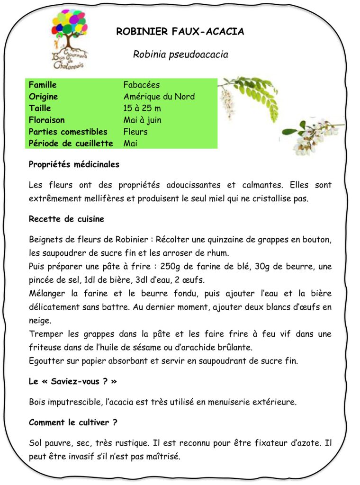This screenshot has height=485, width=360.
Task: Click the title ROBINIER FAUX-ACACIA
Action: pos(180,32)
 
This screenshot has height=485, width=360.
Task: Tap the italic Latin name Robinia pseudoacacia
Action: pos(180,54)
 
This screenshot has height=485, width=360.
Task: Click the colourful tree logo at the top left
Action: pos(68,38)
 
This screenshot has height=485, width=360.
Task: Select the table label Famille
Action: pos(43,85)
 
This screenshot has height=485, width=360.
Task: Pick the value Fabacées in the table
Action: pos(142,85)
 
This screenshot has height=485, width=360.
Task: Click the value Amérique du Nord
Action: pos(159,97)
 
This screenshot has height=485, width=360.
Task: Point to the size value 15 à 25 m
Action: pos(142,108)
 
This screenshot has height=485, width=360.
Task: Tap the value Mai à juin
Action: pos(142,120)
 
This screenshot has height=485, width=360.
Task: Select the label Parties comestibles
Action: pos(68,132)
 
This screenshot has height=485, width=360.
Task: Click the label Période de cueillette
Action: pos(71,143)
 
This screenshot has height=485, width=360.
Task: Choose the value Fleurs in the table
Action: pos(135,132)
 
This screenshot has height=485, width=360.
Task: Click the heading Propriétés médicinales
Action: pos(74,164)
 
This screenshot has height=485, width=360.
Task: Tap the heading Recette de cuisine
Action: pos(66,219)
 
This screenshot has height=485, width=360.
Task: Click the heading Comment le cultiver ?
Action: pos(73,422)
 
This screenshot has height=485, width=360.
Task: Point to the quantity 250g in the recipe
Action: pos(171,267)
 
